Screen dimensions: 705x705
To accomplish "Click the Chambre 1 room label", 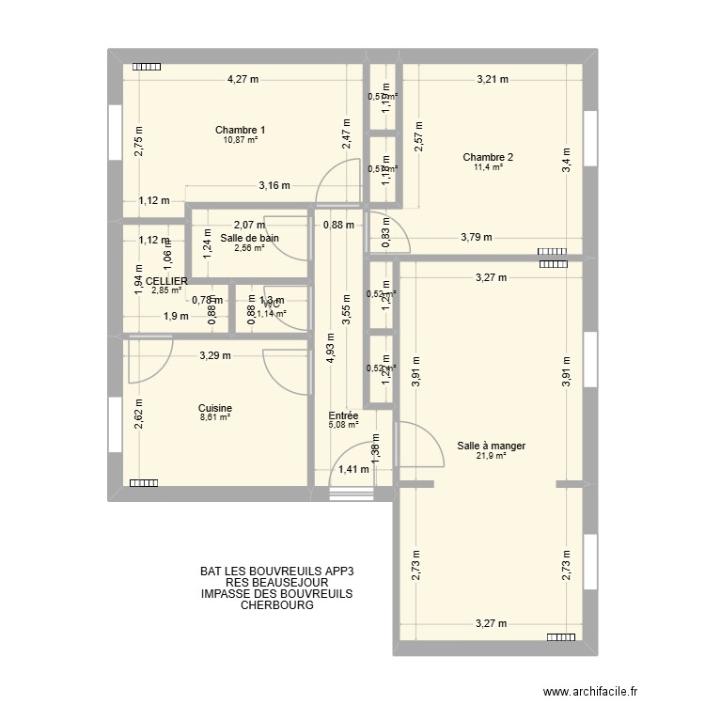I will [x=240, y=130].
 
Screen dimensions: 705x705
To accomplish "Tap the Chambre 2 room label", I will [x=488, y=157].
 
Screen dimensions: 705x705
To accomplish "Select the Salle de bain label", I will [x=249, y=238].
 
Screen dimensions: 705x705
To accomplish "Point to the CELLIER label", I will [x=165, y=281].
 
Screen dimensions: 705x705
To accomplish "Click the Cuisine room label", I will [x=214, y=408].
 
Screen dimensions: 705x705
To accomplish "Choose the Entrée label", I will [x=343, y=415].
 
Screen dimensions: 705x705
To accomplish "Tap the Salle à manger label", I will [x=490, y=446].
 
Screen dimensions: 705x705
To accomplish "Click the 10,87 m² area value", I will [x=240, y=140].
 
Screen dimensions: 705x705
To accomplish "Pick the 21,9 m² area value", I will [x=490, y=456].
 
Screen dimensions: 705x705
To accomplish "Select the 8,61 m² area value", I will [x=214, y=417].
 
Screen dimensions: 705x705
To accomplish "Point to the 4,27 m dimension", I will [x=243, y=80].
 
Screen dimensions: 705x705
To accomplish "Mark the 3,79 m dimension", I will [x=477, y=238].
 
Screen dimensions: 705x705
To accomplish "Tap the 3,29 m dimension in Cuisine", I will [x=214, y=355].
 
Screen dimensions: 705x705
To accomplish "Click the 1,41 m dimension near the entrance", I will [x=353, y=470].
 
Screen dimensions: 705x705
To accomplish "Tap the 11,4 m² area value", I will [x=488, y=167].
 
